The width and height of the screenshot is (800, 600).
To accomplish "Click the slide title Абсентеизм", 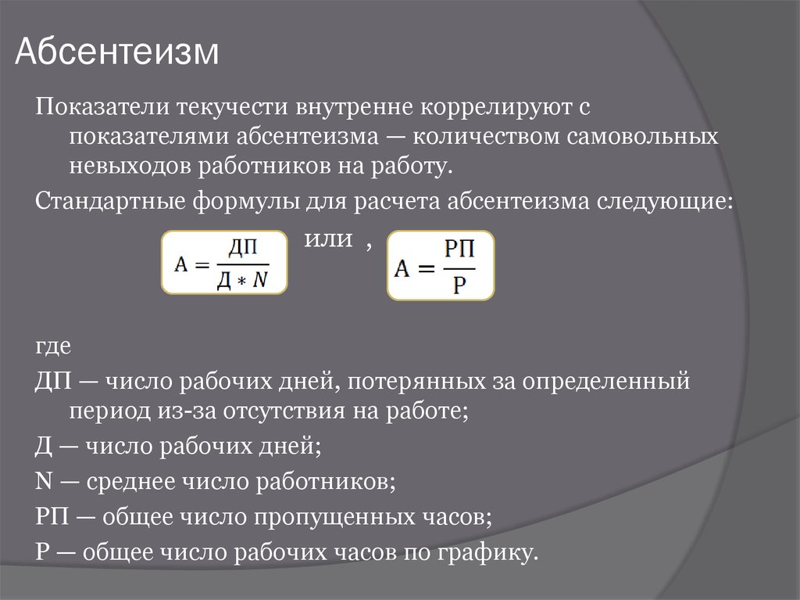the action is pos(117,52).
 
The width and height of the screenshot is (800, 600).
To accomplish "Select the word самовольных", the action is pos(642,136).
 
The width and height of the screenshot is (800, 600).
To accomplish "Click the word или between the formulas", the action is pos(328,239).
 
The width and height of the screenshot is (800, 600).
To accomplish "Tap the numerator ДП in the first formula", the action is pos(243,248).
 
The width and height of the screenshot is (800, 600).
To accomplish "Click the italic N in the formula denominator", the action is pos(260,279).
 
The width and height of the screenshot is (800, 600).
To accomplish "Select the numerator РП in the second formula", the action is pos(459,249).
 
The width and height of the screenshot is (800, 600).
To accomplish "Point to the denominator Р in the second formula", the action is pos(459,284).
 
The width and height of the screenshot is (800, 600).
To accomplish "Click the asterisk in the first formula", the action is pos(242,282).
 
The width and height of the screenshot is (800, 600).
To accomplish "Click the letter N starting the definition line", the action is pos(44,481).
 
